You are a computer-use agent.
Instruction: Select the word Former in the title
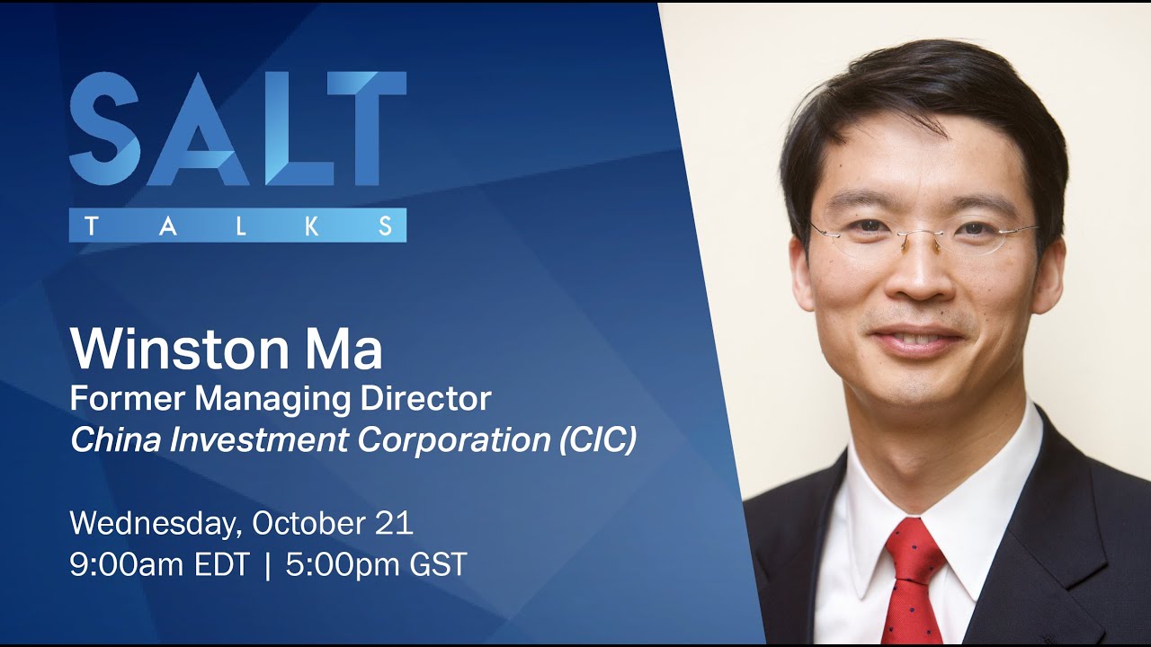click(117, 398)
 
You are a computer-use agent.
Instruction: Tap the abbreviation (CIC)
click(598, 441)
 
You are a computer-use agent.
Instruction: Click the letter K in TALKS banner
click(312, 226)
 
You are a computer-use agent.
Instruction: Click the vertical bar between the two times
click(268, 565)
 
